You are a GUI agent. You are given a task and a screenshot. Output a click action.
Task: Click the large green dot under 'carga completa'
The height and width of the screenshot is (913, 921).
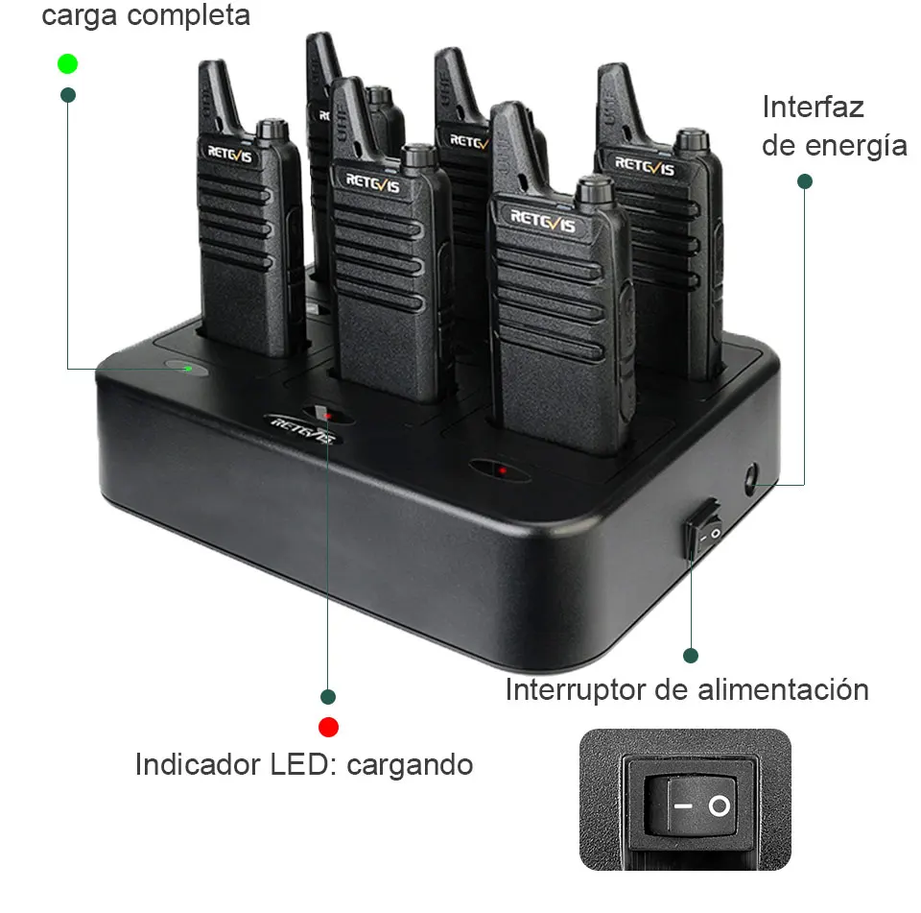(67, 64)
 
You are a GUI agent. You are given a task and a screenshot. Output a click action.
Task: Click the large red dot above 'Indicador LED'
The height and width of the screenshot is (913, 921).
(328, 726)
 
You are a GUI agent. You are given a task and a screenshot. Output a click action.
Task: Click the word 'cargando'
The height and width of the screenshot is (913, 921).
(410, 765)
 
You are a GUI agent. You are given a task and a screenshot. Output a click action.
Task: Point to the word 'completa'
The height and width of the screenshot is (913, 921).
(196, 16)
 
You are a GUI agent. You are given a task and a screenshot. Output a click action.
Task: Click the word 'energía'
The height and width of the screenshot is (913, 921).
(856, 145)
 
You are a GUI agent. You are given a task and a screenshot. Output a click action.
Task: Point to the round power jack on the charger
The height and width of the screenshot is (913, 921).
(750, 476)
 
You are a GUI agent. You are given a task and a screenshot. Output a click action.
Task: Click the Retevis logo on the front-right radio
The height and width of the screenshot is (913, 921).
(543, 221)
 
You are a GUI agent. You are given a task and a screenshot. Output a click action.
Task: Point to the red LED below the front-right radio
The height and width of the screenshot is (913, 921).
(502, 469)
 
